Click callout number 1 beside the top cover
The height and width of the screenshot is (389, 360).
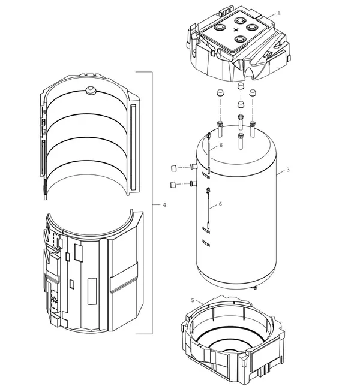[278, 13]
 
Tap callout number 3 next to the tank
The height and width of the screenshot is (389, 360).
[288, 170]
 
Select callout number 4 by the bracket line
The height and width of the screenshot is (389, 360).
[164, 205]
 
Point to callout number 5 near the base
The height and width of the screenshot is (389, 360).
[193, 300]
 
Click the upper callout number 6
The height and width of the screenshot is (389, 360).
[221, 145]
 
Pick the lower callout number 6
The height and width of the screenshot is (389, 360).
[220, 204]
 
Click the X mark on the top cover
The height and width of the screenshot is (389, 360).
[236, 30]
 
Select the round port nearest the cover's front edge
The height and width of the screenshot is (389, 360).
[241, 39]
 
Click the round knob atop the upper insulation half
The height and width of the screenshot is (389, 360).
[91, 90]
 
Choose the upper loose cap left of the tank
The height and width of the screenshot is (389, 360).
[174, 168]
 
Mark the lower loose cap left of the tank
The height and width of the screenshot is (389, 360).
[173, 185]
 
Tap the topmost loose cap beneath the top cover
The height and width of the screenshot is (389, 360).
[241, 86]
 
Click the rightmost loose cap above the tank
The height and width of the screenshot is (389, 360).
[253, 93]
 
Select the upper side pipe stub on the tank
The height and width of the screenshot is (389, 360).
[193, 166]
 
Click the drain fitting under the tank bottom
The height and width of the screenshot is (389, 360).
[254, 288]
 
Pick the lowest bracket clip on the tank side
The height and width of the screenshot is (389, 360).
[206, 243]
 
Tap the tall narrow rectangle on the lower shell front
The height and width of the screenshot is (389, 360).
[92, 291]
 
